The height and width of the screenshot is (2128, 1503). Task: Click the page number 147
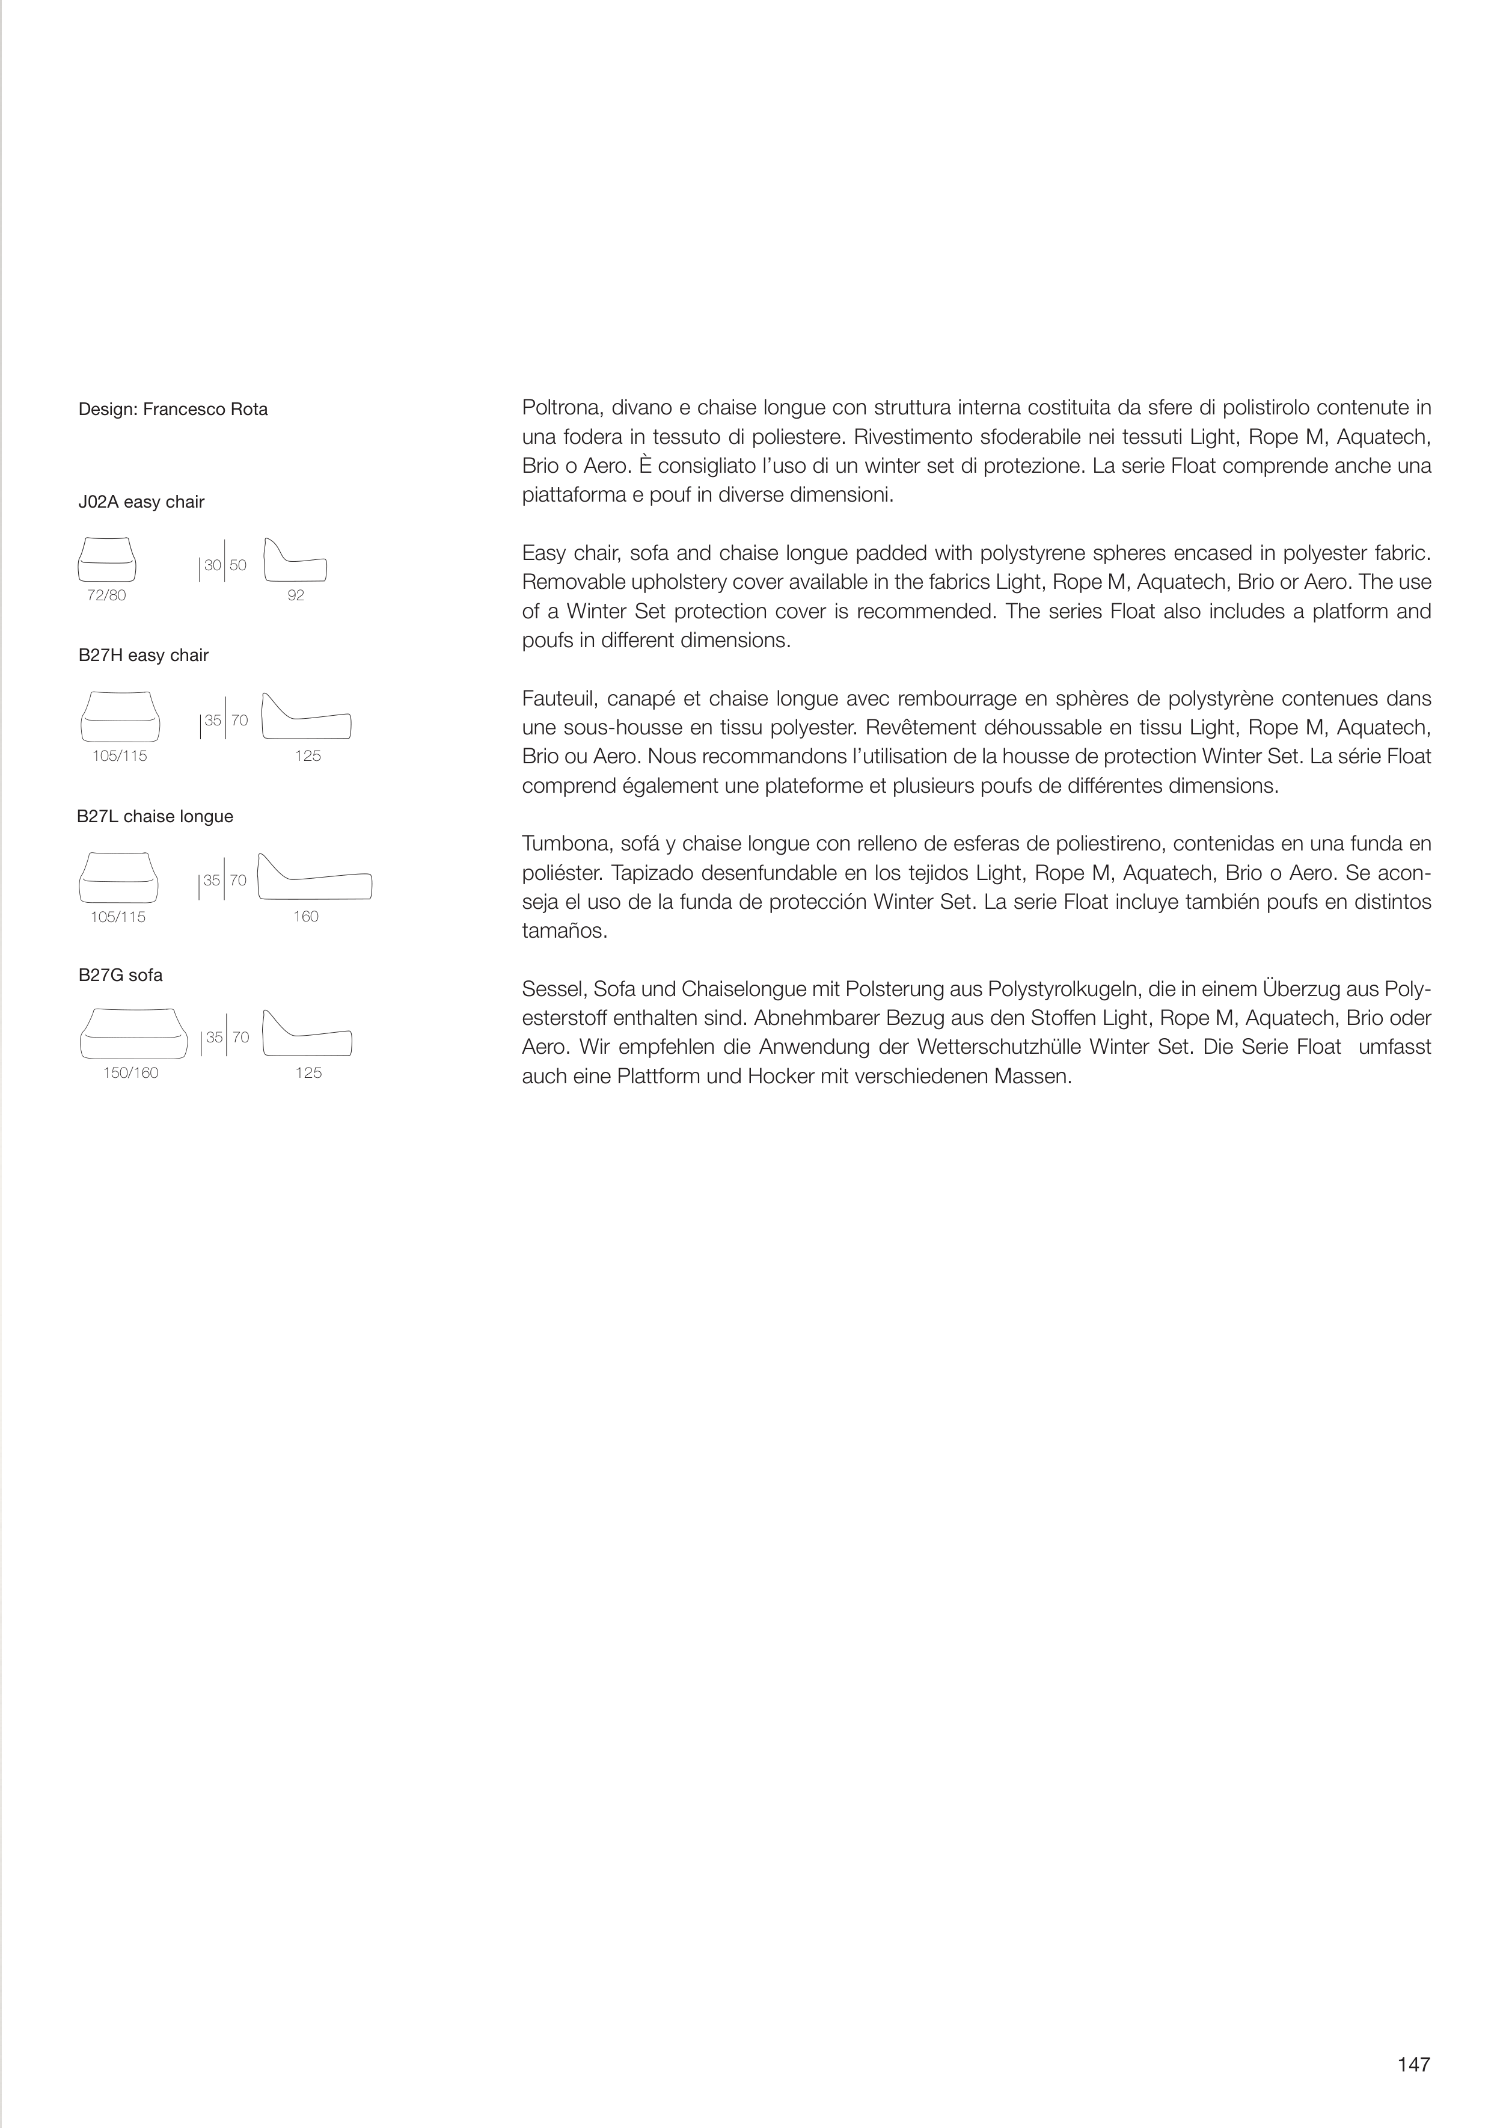click(x=1414, y=2064)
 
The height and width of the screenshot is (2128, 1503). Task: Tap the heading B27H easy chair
click(x=144, y=655)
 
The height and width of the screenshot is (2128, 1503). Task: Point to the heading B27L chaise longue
click(x=155, y=817)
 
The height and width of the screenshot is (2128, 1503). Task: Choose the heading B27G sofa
click(x=120, y=975)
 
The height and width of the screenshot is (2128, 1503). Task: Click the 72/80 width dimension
click(x=106, y=595)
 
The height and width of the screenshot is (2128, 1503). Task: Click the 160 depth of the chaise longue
click(x=306, y=917)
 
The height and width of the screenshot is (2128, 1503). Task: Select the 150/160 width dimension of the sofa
click(x=130, y=1073)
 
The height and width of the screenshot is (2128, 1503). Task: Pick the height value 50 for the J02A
click(x=238, y=565)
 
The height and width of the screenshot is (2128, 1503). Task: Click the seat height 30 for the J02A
click(x=212, y=565)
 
